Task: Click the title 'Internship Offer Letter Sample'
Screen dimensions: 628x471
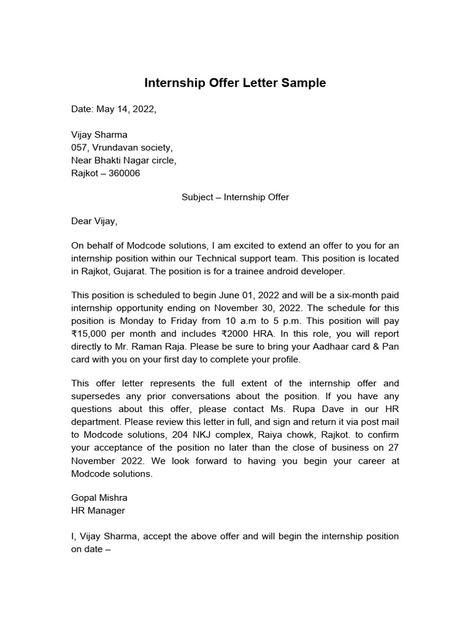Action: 235,83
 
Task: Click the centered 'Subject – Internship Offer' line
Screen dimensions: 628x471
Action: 235,197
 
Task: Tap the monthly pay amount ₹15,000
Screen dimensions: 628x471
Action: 91,334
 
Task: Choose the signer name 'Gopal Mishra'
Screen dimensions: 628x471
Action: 99,497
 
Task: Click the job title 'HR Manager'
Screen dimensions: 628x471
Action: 98,510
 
